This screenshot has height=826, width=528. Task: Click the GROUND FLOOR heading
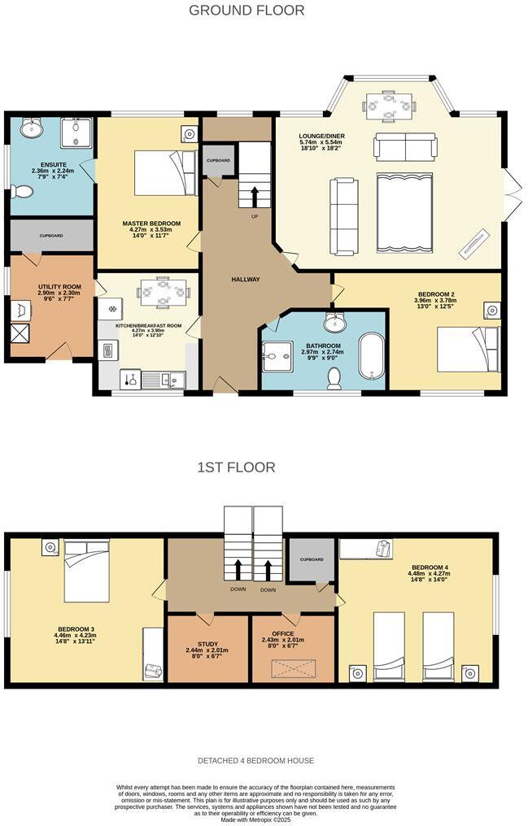[247, 11]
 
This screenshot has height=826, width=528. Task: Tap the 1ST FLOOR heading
[236, 467]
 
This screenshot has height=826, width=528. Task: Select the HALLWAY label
[245, 280]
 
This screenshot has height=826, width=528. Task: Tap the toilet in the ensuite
[23, 192]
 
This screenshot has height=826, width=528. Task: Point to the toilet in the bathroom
[334, 378]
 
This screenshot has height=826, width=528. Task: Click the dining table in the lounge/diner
[388, 104]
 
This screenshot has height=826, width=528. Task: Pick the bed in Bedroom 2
[467, 349]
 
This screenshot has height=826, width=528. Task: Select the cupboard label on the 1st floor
[312, 559]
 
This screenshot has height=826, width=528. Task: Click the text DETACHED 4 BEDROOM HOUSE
[255, 761]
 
